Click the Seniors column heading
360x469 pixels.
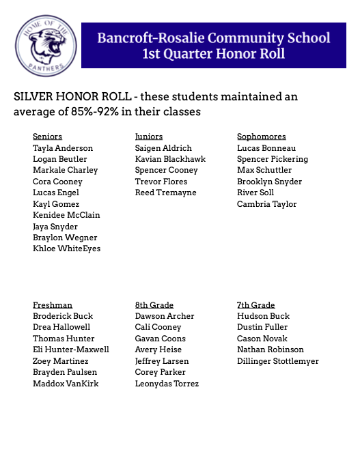pyautogui.click(x=47, y=137)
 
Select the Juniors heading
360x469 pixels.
pyautogui.click(x=149, y=137)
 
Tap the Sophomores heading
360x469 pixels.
pyautogui.click(x=261, y=137)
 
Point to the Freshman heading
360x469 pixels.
pyautogui.click(x=53, y=305)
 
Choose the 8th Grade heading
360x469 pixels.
pyautogui.click(x=154, y=305)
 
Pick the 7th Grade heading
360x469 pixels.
pyautogui.click(x=255, y=305)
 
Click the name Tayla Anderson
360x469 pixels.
pyautogui.click(x=63, y=148)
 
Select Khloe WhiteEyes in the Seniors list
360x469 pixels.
pyautogui.click(x=66, y=248)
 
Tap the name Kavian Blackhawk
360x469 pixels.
pyautogui.click(x=170, y=159)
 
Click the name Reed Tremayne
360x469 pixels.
pyautogui.click(x=165, y=193)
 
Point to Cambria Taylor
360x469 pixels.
pyautogui.click(x=266, y=204)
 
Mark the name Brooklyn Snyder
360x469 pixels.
pyautogui.click(x=269, y=182)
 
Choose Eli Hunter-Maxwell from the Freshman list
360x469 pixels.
pyautogui.click(x=70, y=350)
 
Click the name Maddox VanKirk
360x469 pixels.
pyautogui.click(x=66, y=384)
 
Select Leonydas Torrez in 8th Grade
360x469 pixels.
pyautogui.click(x=167, y=384)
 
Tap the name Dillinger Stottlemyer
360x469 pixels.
pyautogui.click(x=277, y=361)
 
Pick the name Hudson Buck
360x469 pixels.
pyautogui.click(x=263, y=316)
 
